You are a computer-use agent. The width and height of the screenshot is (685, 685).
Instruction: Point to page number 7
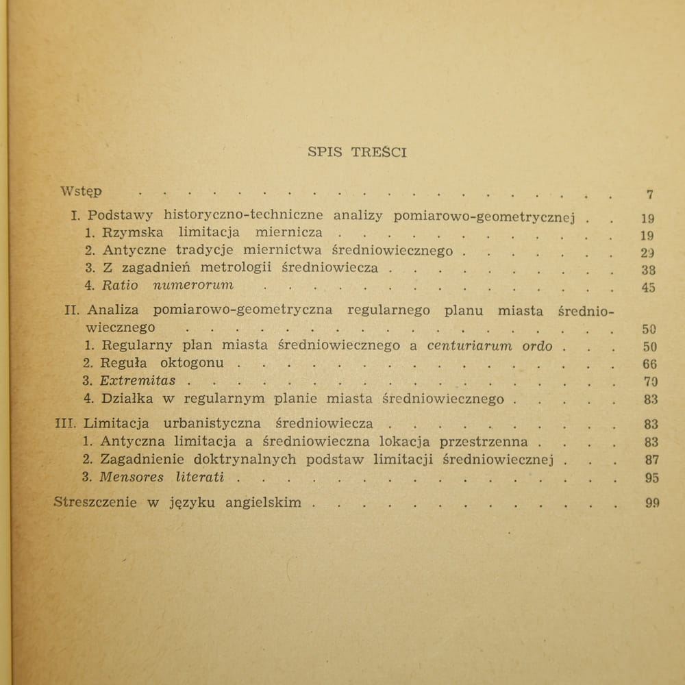[649, 195]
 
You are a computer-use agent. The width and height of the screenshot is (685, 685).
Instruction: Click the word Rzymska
[134, 232]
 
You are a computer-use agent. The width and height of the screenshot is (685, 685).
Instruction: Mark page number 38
[648, 270]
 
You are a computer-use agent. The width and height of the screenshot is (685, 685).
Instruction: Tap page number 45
[648, 287]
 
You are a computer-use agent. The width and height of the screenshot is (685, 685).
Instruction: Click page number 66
[650, 364]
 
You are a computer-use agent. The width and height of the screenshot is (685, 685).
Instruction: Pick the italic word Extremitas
[138, 380]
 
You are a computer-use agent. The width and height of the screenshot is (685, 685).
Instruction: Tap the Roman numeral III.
[64, 423]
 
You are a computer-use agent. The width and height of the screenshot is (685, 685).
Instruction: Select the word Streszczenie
[95, 502]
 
